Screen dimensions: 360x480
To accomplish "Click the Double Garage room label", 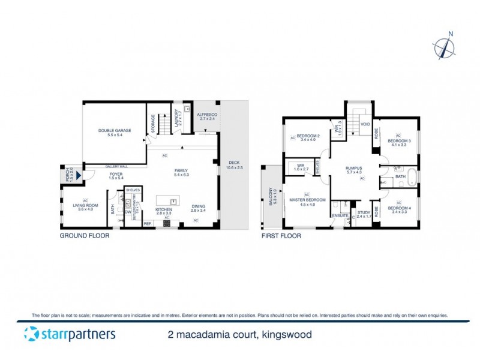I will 115,130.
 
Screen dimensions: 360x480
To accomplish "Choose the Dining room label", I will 198,209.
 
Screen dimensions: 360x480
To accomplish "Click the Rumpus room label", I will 355,169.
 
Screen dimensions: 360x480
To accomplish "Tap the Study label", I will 364,211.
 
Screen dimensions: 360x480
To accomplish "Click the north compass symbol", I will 444,46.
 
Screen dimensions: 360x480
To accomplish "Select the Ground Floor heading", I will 83,236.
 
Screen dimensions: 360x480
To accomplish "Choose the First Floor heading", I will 280,236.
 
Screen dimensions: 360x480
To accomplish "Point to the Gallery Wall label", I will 115,166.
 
